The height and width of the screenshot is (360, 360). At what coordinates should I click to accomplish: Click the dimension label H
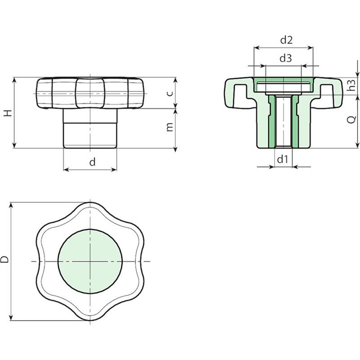tap(8, 112)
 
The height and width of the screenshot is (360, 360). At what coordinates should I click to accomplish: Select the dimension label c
tap(169, 93)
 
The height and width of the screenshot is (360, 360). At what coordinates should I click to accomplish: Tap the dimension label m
tap(169, 127)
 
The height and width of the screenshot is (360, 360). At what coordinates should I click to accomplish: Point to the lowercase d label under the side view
tap(92, 162)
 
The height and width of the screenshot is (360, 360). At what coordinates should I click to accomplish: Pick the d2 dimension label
tap(286, 40)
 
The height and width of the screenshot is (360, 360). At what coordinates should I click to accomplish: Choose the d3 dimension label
tap(285, 58)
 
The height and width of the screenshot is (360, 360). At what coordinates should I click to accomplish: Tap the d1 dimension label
tap(282, 159)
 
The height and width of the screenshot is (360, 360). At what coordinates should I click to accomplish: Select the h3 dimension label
tap(352, 84)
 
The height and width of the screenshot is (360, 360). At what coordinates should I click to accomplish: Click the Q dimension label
tap(351, 120)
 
